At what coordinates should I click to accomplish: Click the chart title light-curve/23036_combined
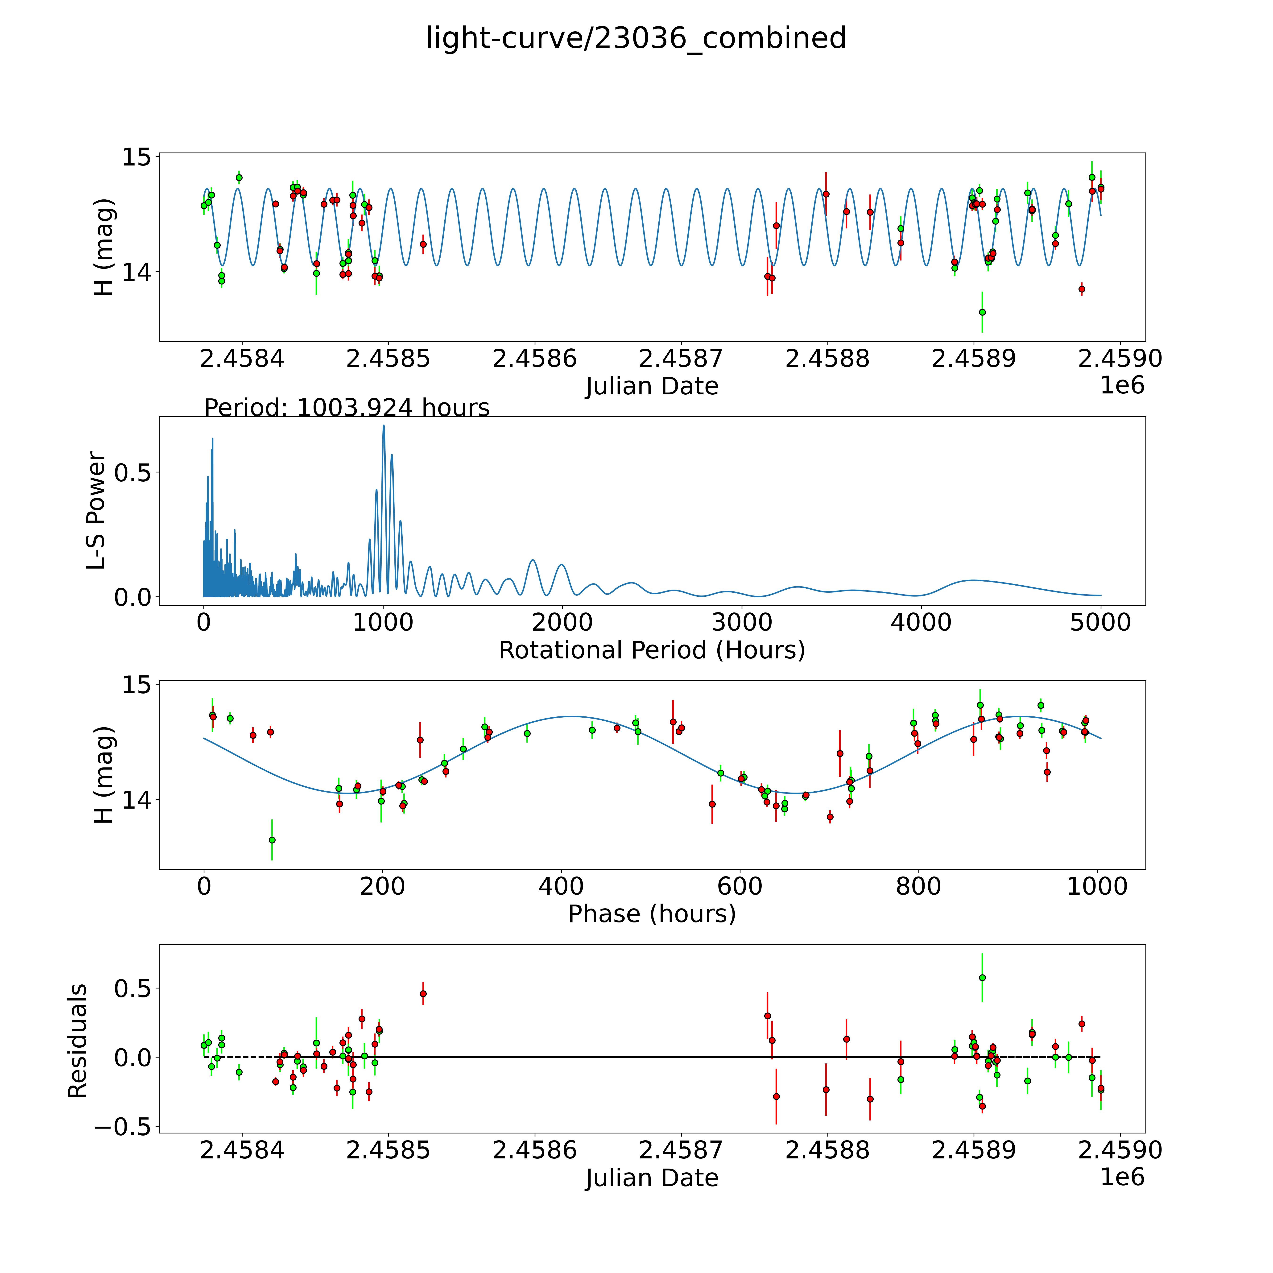click(x=636, y=38)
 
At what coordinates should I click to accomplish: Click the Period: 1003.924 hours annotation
click(x=347, y=408)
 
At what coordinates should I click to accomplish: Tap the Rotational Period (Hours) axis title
click(x=652, y=650)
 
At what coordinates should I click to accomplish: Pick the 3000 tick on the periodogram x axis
click(x=742, y=623)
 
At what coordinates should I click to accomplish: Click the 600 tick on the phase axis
click(x=740, y=886)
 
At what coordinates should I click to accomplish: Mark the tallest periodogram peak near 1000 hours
click(x=384, y=426)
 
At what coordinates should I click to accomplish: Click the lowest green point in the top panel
click(x=982, y=312)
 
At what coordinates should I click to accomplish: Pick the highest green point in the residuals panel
click(x=982, y=978)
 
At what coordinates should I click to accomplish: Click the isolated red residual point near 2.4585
click(x=423, y=994)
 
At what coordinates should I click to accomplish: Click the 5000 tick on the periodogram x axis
click(x=1100, y=623)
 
